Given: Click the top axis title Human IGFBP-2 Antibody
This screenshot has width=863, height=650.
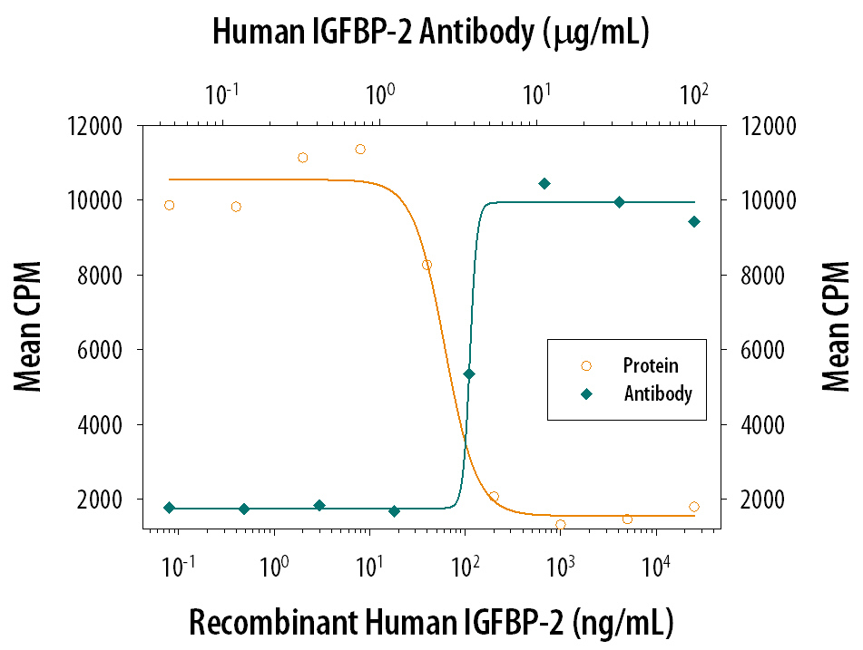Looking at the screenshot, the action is point(373,32).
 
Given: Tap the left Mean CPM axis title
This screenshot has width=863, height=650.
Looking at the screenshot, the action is point(27,326).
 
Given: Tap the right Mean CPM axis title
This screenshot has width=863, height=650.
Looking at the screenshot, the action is point(836,326).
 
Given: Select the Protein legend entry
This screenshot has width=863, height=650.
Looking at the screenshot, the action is point(630,365).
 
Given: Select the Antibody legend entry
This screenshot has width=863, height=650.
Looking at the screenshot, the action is point(637,393).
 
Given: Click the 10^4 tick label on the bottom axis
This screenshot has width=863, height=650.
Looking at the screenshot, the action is point(654,566).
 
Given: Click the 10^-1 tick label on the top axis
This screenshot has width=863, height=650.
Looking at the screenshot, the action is point(221,94).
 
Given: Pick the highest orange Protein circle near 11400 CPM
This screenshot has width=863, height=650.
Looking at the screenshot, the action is point(360,149).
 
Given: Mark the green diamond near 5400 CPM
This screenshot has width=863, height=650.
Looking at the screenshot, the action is point(469,374).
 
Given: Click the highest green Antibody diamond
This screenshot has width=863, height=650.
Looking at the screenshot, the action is point(544,184).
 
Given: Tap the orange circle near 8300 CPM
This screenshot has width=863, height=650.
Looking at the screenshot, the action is point(427,265).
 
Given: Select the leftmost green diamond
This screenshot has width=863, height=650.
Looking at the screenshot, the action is point(170,508).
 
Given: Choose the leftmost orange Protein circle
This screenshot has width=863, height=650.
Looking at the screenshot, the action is point(170,205).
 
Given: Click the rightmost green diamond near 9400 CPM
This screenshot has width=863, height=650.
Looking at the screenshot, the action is point(694,221).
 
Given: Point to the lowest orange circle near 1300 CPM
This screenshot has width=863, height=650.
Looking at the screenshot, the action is point(560,525).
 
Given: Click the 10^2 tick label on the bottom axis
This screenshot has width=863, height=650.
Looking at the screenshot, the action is point(465,566).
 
